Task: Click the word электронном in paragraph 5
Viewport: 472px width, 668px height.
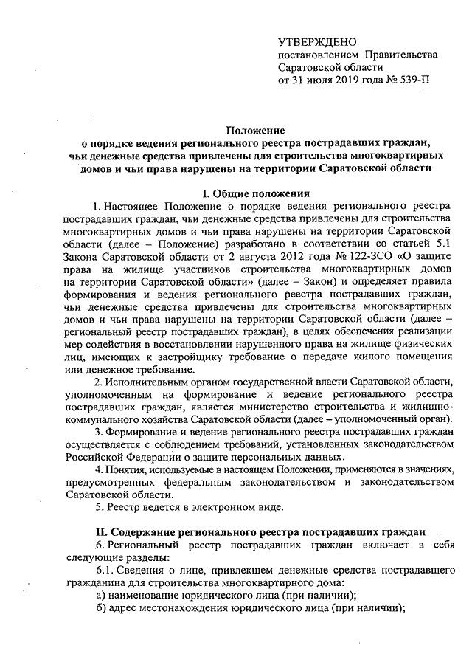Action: click(217, 509)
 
